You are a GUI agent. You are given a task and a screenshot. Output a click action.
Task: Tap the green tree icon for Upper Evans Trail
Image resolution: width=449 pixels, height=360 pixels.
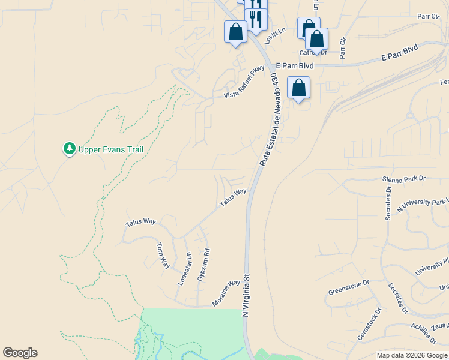70,148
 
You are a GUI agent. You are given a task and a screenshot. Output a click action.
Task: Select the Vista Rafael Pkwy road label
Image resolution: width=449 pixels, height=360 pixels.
244,83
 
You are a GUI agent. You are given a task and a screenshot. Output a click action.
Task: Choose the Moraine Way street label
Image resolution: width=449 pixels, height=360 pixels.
226,293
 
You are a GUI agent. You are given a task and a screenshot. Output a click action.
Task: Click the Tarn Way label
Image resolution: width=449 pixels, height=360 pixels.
163,256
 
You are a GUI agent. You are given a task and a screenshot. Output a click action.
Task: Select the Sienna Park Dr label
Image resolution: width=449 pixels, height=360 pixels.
403,179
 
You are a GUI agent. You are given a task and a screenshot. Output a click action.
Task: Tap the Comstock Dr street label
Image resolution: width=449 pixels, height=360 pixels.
370,325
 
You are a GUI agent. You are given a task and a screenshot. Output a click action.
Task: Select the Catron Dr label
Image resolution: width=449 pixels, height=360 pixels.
313,53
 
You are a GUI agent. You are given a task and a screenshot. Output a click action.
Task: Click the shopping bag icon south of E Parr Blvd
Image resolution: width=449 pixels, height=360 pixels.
298,88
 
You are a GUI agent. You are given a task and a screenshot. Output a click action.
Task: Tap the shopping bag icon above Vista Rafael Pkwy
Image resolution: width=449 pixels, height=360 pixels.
235,32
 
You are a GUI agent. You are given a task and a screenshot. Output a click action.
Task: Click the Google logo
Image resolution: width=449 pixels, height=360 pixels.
20,353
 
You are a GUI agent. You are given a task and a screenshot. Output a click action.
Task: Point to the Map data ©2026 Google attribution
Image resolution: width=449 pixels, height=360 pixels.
412,355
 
